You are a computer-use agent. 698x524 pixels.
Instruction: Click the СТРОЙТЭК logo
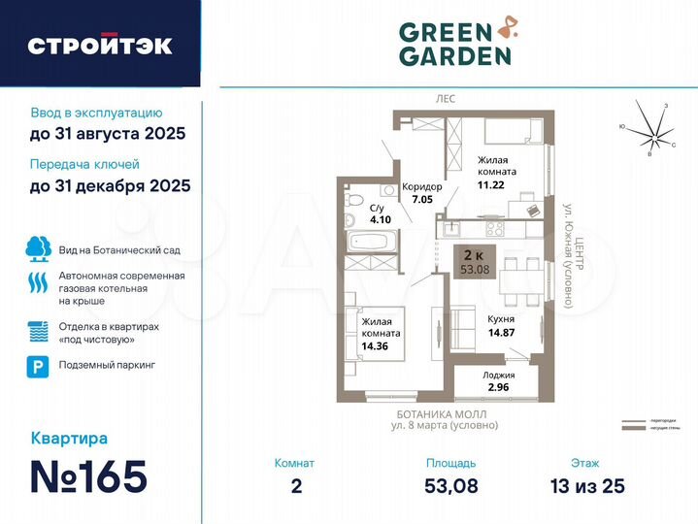click(x=100, y=45)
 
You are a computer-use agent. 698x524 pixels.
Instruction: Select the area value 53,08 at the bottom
click(x=450, y=485)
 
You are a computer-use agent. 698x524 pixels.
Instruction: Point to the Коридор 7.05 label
click(x=421, y=193)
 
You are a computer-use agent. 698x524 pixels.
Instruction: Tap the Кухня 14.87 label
click(x=501, y=324)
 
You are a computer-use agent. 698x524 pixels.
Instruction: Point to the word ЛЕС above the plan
click(x=446, y=100)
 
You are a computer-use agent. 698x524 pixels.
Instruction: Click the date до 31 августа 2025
click(x=107, y=133)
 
